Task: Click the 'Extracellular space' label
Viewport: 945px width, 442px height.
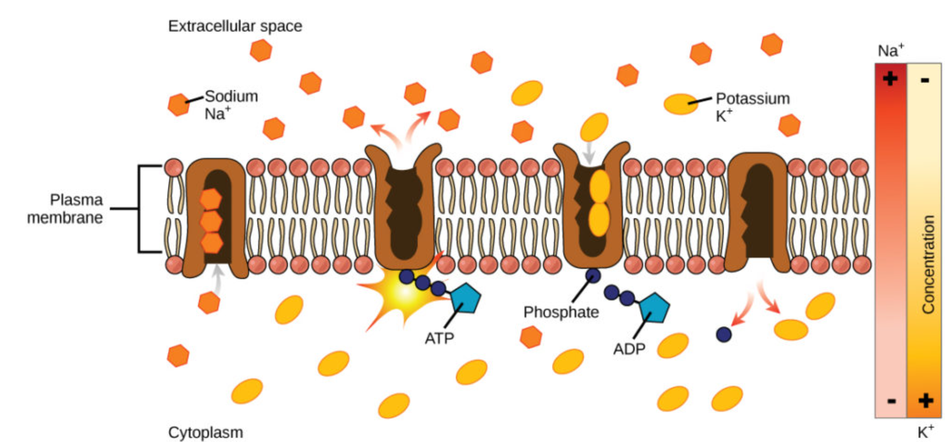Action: (x=235, y=26)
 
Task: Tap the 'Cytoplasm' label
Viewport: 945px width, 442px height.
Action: (x=205, y=432)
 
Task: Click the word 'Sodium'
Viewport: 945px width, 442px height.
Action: (x=231, y=96)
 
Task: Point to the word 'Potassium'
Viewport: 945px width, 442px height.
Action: (x=752, y=98)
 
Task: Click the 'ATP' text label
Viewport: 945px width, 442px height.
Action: (x=439, y=338)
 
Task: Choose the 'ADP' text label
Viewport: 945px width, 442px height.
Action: (x=629, y=348)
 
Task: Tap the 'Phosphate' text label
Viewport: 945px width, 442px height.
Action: (x=561, y=312)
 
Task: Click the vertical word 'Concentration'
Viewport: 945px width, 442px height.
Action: (x=928, y=265)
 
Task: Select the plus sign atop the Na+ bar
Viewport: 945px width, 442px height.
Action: (x=890, y=78)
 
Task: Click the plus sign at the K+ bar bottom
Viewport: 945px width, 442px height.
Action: (x=926, y=400)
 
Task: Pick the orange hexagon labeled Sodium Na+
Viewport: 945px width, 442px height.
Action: (x=179, y=104)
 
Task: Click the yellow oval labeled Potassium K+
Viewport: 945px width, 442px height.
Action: (x=680, y=104)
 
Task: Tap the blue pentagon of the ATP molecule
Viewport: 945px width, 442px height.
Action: (x=466, y=299)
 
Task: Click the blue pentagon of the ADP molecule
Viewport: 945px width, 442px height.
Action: (x=654, y=307)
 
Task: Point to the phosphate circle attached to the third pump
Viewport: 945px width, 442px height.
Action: (x=593, y=276)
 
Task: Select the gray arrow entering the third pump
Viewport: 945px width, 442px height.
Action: (x=588, y=152)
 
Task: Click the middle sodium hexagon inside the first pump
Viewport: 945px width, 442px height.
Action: (x=211, y=221)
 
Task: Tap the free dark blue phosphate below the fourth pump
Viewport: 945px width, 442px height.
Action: (x=723, y=334)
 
